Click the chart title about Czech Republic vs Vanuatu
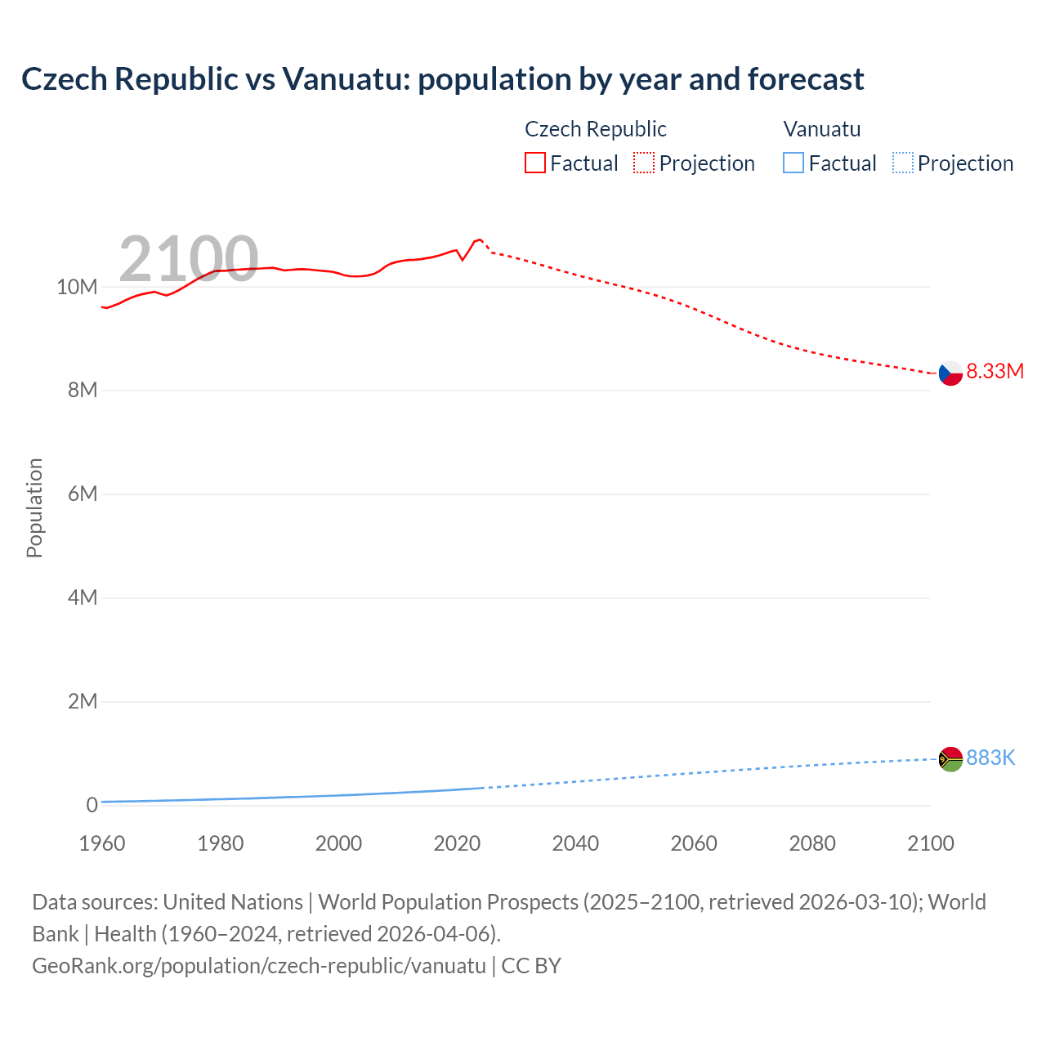(442, 79)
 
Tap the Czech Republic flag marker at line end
(950, 373)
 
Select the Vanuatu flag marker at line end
(950, 759)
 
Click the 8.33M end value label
(995, 371)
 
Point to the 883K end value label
(990, 758)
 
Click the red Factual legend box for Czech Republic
(535, 163)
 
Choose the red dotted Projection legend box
(644, 163)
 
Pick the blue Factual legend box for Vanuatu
(793, 163)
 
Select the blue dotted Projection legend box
(902, 163)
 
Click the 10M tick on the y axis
(77, 287)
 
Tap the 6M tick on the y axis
(82, 494)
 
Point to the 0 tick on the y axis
(92, 805)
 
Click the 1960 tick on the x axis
(102, 843)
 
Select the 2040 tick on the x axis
(575, 843)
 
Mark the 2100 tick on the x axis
(930, 843)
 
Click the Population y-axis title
(34, 507)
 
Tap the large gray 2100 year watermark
(188, 259)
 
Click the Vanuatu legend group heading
(821, 129)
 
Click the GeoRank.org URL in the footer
(259, 966)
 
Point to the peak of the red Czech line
(480, 239)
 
